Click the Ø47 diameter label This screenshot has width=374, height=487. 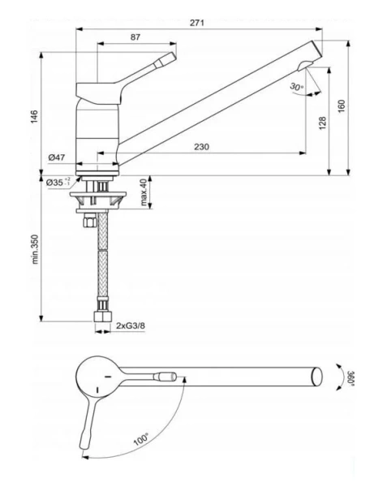point(56,156)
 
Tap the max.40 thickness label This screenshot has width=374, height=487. point(143,192)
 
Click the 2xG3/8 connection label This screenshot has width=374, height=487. point(132,325)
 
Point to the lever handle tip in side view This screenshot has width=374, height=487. point(169,58)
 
